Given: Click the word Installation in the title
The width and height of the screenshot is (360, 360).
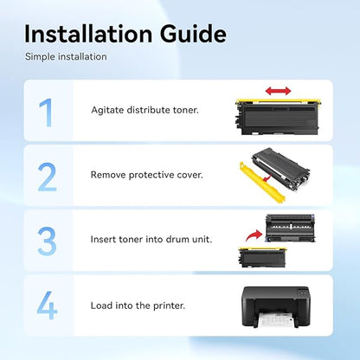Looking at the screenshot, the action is (88, 34).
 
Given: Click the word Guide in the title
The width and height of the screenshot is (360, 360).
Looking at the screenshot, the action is (193, 34).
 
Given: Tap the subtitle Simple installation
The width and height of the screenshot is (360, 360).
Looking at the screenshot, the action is (66, 57).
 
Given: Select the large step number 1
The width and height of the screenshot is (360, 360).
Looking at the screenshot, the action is (46, 112).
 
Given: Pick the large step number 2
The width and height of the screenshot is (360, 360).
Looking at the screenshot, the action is (47, 177).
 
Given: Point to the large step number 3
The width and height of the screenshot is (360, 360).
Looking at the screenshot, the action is (47, 241).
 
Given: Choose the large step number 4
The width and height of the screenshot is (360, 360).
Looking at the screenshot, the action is (47, 305).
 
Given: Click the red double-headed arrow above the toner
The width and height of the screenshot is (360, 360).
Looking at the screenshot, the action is (278, 91).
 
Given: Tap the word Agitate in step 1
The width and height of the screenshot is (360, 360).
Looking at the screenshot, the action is (107, 111).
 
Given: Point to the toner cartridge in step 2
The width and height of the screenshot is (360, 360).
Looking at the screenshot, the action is (281, 167).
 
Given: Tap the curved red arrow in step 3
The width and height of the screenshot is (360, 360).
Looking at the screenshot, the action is (253, 235).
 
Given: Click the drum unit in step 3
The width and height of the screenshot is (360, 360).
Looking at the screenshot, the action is (290, 228).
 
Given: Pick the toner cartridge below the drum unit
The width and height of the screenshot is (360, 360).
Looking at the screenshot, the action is (262, 257).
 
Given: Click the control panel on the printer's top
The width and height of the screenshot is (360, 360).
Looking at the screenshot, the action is (303, 292).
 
